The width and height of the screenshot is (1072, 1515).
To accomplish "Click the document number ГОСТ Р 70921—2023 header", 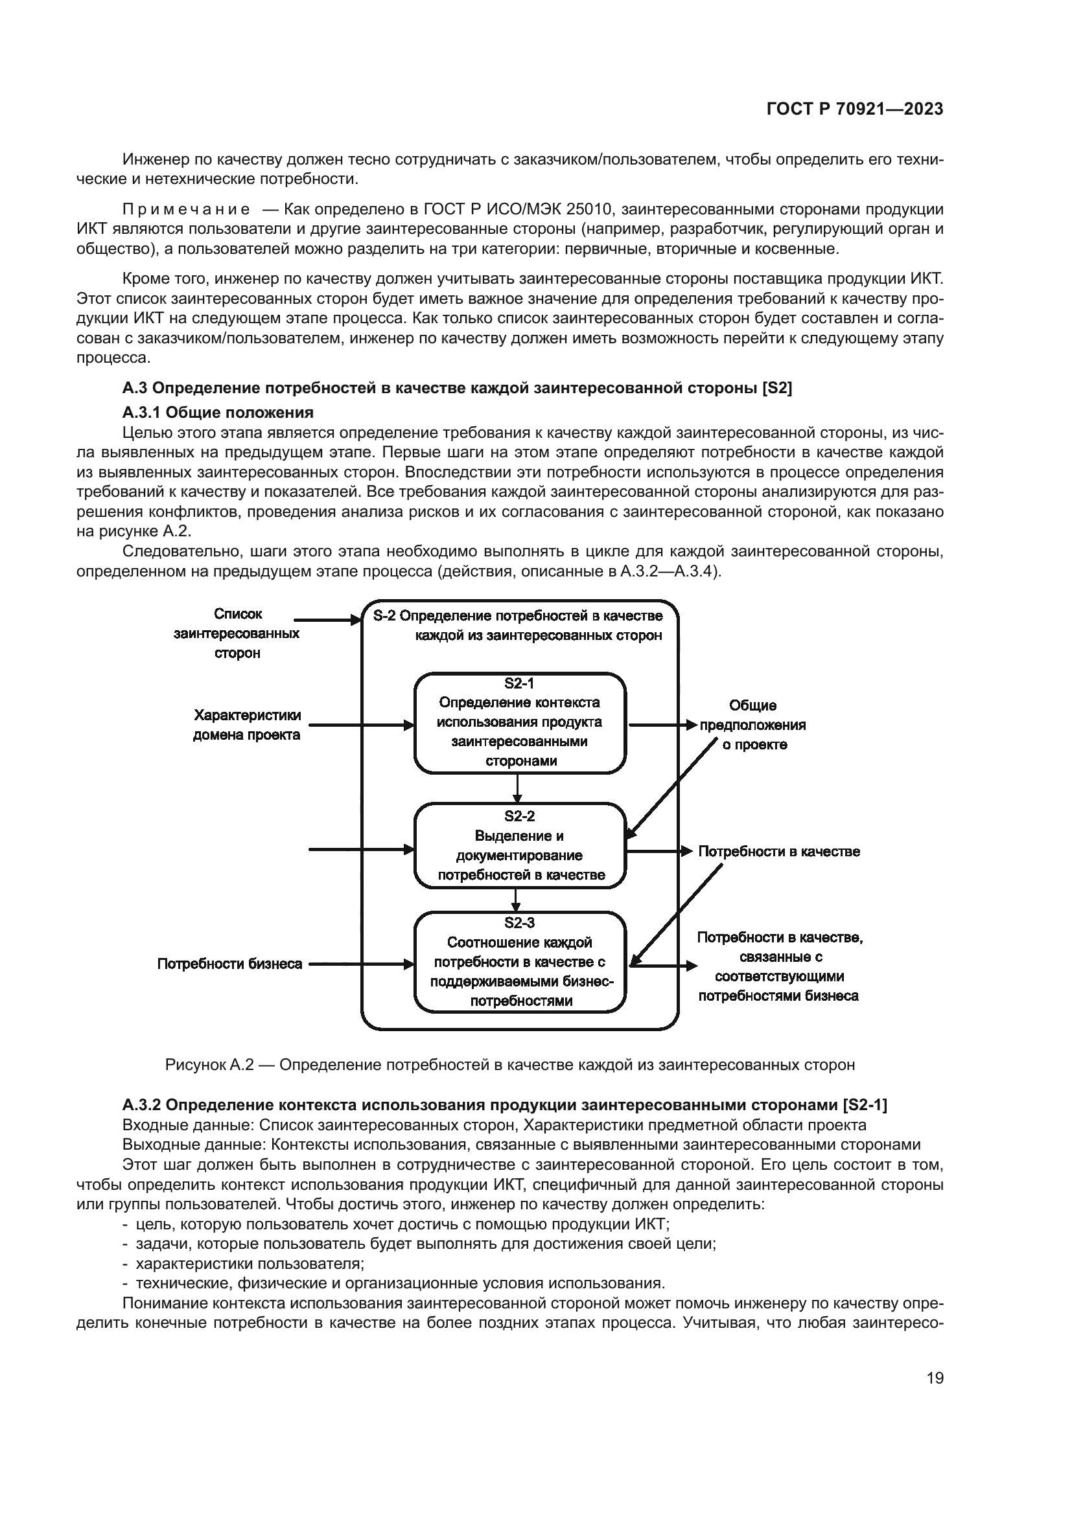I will (855, 109).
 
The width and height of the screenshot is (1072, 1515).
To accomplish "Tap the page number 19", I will (935, 1378).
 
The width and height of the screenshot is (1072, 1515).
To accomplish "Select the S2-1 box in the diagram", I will (520, 723).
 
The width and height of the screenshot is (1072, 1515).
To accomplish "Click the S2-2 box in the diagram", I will (520, 845).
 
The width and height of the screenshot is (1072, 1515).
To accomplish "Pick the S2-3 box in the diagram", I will (520, 961).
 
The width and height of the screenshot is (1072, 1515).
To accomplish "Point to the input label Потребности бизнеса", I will (229, 964).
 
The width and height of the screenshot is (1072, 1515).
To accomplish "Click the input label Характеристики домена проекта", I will (247, 725).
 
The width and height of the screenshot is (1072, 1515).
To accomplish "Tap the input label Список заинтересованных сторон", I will (237, 633).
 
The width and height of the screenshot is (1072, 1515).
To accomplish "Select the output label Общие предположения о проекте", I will (753, 725).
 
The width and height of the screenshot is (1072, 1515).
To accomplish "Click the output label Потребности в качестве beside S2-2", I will (779, 852).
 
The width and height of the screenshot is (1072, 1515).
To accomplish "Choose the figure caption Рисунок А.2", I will (509, 1064).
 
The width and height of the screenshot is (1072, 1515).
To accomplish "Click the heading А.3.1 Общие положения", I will (218, 413).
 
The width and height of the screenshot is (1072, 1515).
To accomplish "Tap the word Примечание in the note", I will (186, 210).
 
